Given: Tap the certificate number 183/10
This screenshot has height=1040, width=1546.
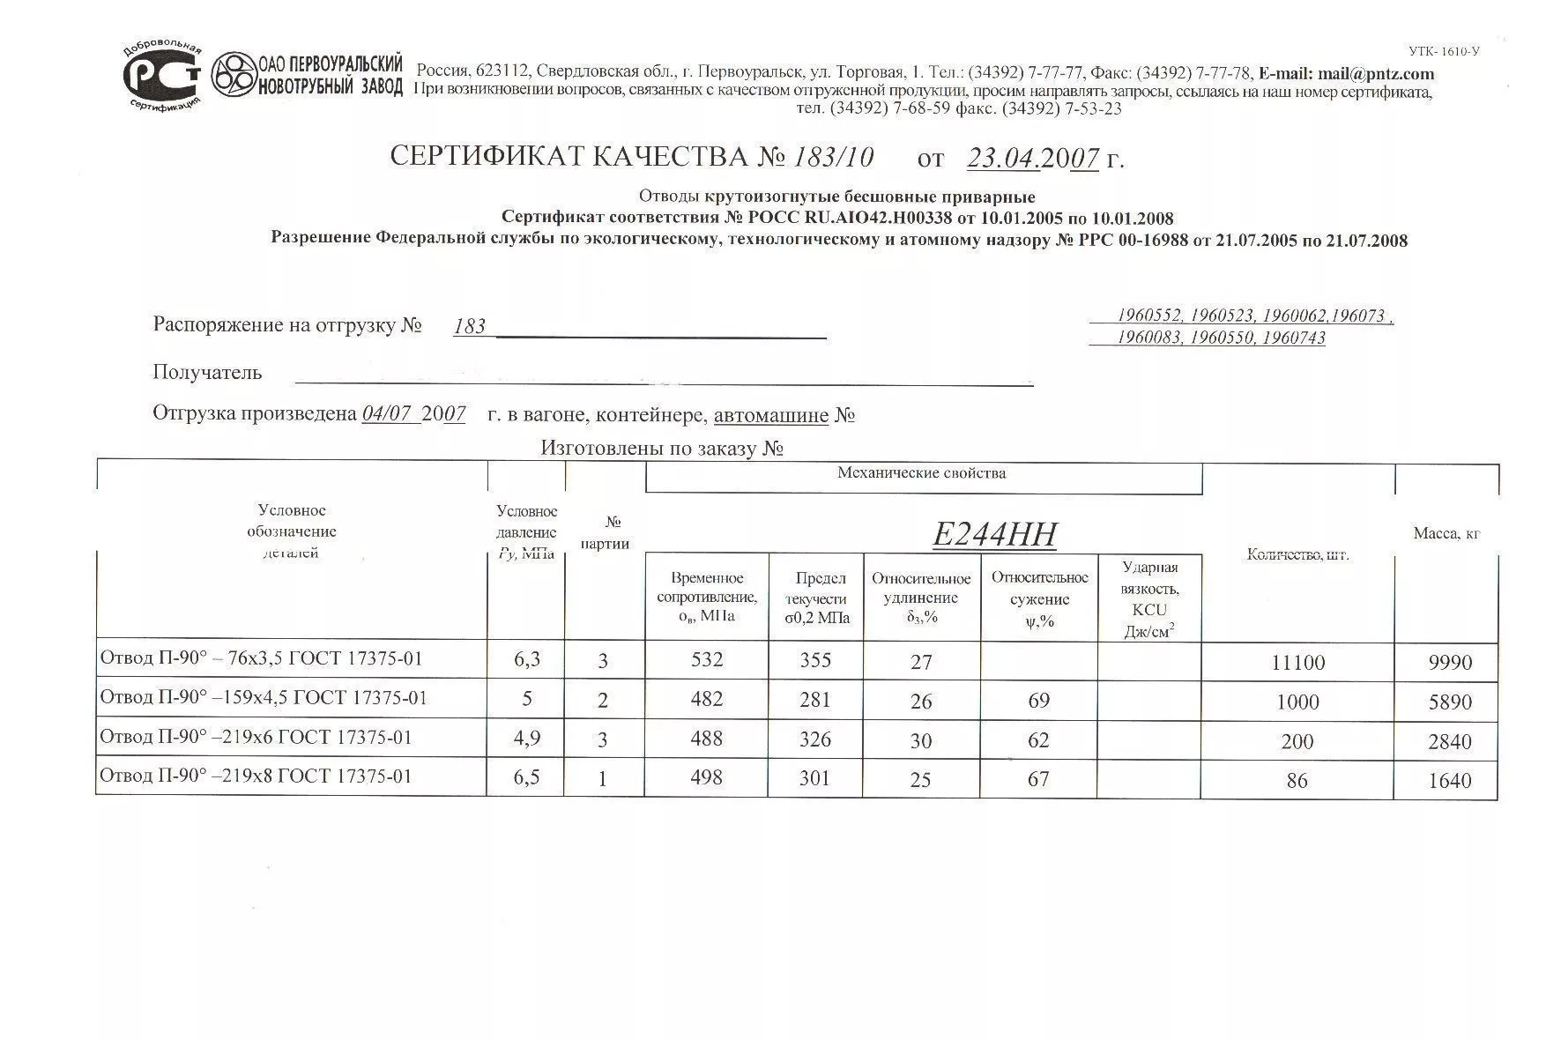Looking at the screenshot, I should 833,157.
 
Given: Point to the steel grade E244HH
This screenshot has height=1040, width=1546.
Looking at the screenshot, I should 994,534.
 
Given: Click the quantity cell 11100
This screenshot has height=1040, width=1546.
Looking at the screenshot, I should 1297,663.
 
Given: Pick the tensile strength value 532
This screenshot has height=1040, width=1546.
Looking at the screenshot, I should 707,660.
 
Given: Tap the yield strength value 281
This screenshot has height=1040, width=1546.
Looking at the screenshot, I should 815,700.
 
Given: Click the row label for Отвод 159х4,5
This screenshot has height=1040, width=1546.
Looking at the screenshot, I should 264,698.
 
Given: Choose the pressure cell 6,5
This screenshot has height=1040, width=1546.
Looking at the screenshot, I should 526,777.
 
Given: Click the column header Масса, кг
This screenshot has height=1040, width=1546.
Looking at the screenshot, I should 1446,533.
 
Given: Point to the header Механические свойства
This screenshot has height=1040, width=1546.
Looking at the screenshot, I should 921,473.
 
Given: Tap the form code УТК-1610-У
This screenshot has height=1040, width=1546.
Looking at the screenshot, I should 1443,51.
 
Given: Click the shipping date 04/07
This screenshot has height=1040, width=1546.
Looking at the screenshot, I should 388,414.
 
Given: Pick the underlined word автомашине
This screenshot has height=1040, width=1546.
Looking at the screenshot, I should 770,415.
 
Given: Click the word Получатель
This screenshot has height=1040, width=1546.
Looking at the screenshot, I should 207,373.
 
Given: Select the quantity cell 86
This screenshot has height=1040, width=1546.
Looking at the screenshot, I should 1297,781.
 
